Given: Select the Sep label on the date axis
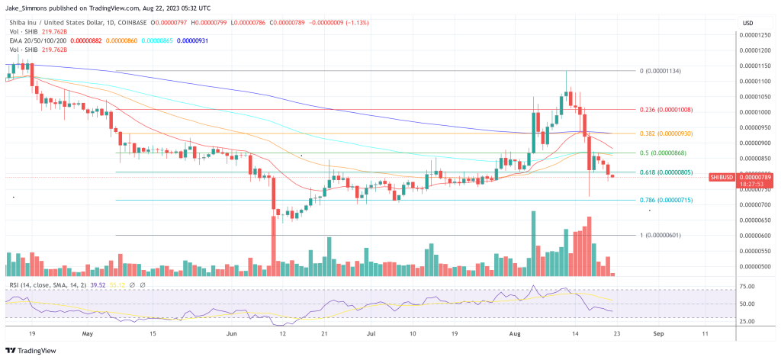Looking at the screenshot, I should click(659, 334).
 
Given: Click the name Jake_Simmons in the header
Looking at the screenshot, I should click(28, 8).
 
